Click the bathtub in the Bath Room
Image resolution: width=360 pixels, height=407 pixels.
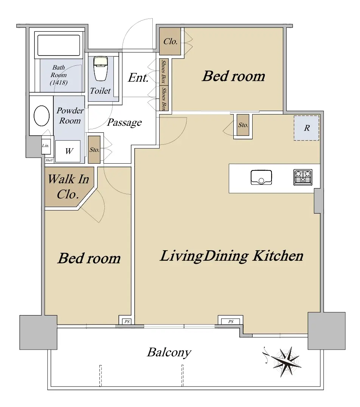59,45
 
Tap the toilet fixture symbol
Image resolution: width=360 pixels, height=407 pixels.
101,69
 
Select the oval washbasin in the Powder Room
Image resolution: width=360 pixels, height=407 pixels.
42,116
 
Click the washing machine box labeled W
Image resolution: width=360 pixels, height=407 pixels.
68,151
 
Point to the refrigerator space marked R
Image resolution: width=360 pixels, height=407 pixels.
307,128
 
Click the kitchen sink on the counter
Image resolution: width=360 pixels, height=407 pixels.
261,177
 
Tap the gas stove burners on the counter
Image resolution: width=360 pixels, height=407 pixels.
303,177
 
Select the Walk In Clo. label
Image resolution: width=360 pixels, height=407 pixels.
68,187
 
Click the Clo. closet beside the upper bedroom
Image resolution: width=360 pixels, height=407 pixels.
170,41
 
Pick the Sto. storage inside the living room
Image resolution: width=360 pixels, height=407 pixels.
243,125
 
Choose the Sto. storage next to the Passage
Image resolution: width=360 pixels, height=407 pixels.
94,150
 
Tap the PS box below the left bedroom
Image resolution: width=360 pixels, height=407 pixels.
127,321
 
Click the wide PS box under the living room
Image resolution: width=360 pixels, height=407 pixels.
231,321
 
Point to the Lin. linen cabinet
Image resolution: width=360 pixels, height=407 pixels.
45,145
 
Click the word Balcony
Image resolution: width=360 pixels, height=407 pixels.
169,353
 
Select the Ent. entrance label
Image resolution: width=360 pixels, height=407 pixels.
138,77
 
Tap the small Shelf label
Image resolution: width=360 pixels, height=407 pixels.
49,160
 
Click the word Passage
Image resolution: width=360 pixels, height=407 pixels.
124,122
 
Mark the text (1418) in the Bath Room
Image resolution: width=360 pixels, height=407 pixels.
59,82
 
